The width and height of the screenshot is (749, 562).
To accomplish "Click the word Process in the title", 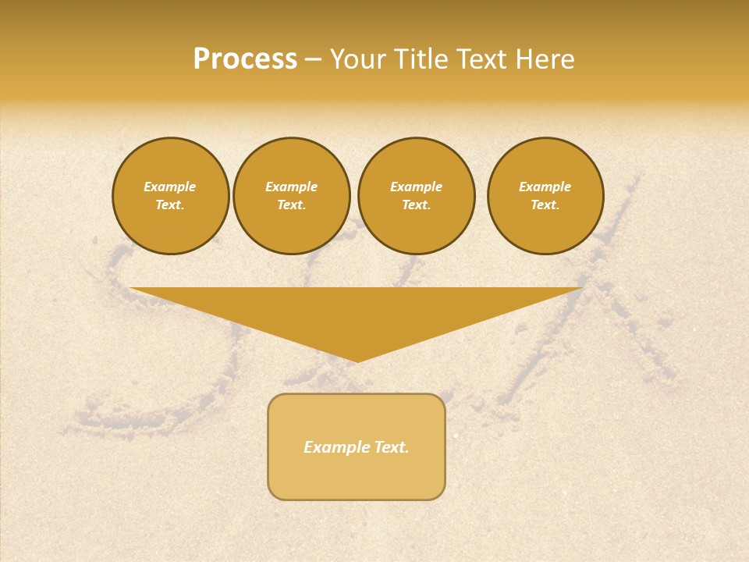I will [245, 59].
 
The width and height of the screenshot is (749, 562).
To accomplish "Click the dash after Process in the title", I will [313, 60].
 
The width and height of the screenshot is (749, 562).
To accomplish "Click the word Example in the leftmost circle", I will [170, 187].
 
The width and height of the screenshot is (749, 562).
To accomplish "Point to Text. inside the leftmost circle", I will [170, 205].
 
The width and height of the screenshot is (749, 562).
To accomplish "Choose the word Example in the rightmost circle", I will [545, 187].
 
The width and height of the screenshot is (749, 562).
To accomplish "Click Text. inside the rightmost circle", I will [545, 205].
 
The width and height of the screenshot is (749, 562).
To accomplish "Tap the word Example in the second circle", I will [291, 187].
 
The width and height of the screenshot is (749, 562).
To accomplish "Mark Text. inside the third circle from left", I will [416, 205].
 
